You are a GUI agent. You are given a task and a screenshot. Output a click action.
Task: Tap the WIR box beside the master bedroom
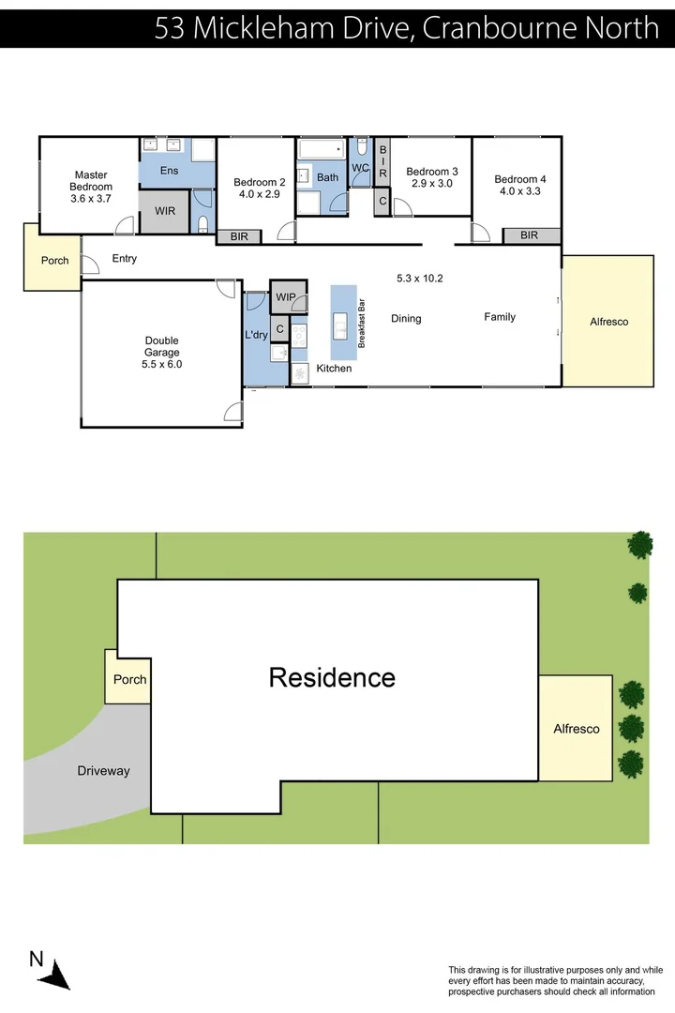(x=165, y=211)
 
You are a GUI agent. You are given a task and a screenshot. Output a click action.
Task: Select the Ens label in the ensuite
(x=169, y=170)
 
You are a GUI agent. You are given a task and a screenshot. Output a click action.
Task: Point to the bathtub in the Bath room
(x=321, y=149)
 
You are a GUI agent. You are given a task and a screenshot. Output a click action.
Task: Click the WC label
(x=360, y=168)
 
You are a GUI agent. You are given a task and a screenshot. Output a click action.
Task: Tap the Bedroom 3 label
(x=431, y=172)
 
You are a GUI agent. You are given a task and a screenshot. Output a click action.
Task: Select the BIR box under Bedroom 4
(x=529, y=235)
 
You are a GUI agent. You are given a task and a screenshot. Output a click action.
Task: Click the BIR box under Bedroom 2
(x=239, y=236)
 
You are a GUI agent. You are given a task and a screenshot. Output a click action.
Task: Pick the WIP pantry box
(x=286, y=297)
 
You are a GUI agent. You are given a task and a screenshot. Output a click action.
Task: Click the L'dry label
(x=256, y=335)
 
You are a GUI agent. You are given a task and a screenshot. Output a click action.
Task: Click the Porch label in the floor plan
(x=55, y=260)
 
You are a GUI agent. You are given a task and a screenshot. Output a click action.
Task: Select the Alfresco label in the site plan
(x=576, y=729)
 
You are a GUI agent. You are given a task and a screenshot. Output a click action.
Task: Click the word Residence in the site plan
(x=332, y=677)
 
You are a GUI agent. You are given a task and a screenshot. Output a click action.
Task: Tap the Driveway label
(x=103, y=771)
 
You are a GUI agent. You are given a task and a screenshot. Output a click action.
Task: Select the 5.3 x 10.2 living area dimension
(x=419, y=278)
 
